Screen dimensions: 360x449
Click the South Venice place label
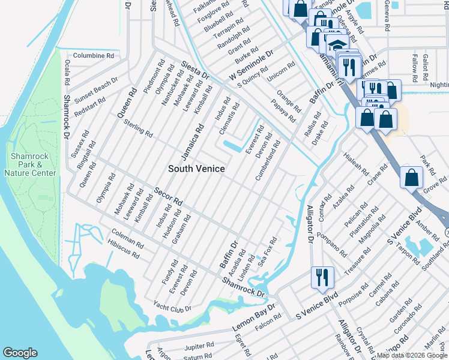(196, 169)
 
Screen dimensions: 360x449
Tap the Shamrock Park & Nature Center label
(30, 164)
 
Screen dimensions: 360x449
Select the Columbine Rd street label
(94, 55)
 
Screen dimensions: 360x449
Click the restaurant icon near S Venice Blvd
(322, 278)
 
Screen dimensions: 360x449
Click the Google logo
(20, 353)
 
